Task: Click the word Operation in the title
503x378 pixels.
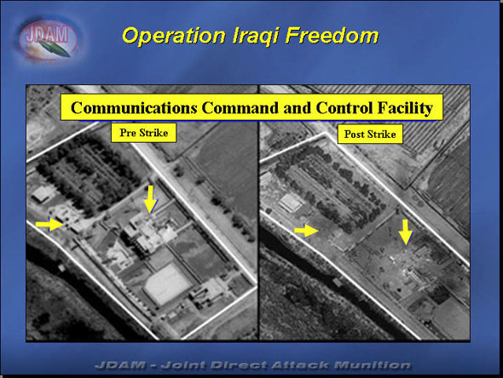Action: [x=174, y=36]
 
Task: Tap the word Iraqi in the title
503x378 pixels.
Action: [x=256, y=36]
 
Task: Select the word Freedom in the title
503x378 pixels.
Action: [x=332, y=35]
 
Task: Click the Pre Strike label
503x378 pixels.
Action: [x=144, y=133]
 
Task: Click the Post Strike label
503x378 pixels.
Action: [x=370, y=134]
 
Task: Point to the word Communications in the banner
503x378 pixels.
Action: [x=134, y=107]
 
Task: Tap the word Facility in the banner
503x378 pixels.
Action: [x=405, y=108]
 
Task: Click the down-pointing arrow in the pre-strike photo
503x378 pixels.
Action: [x=150, y=199]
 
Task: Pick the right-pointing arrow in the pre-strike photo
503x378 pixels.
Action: [x=49, y=224]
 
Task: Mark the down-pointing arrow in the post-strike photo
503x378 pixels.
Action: [x=406, y=232]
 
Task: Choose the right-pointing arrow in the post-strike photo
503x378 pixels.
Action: [x=306, y=231]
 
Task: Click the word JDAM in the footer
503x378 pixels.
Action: [x=120, y=365]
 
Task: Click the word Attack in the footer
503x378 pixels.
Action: [x=299, y=365]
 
